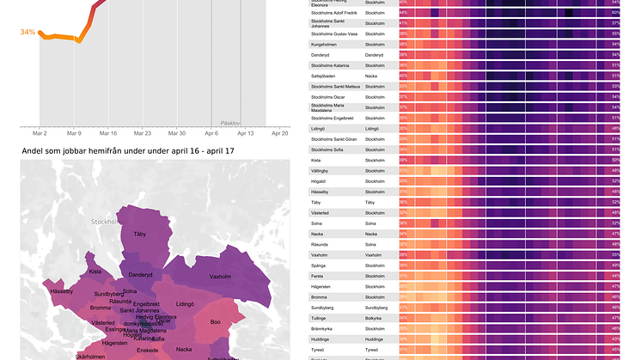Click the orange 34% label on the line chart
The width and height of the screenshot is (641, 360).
(x=27, y=33)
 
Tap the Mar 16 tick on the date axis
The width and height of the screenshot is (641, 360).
(x=108, y=133)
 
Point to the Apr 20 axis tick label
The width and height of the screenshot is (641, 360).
(x=279, y=133)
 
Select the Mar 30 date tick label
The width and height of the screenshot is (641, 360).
(x=177, y=133)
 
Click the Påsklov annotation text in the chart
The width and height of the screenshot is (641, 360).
(x=229, y=123)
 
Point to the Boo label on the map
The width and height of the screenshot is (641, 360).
(x=216, y=322)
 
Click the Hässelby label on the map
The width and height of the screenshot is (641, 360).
(x=62, y=291)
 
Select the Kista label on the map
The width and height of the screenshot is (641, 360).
(x=95, y=272)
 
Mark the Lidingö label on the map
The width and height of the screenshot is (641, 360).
(x=186, y=304)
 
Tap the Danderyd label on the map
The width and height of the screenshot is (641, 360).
(x=140, y=275)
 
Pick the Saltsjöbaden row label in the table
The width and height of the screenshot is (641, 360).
(x=327, y=76)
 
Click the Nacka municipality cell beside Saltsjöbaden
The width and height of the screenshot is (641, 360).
(x=372, y=76)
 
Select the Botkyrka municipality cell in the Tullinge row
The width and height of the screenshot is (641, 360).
(x=375, y=318)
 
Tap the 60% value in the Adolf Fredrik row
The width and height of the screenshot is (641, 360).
(x=615, y=13)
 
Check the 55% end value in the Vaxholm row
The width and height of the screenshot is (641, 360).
(x=615, y=254)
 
